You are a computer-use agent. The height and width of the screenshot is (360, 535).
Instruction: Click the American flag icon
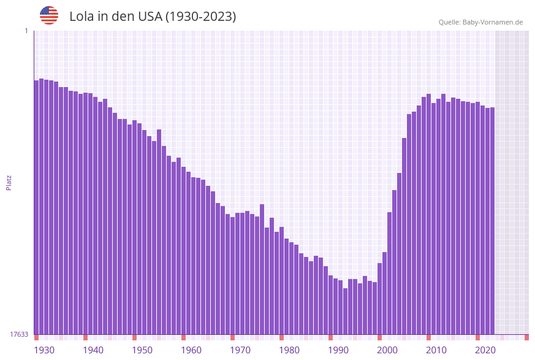coord(49,15)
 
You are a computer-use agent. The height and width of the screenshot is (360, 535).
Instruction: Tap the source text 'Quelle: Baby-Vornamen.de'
coord(480,22)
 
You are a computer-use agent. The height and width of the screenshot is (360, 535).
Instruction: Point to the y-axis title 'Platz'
coord(9,182)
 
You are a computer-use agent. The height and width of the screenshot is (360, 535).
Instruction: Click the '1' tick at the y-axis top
coord(26,31)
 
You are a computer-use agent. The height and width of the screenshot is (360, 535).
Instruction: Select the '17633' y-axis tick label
coord(19,334)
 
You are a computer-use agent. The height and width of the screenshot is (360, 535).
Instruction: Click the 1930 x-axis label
coord(44,350)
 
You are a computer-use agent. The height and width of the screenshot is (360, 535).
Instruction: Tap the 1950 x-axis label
coord(142,350)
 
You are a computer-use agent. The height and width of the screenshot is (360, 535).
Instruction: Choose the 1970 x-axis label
coord(240,350)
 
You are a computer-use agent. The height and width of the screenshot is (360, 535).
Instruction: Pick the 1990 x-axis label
coord(338,350)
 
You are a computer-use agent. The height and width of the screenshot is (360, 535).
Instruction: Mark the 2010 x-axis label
coord(436,350)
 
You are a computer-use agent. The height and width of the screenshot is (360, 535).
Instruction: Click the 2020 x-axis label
coord(485,350)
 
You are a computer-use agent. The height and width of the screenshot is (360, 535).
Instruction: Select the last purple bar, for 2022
coord(492,221)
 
